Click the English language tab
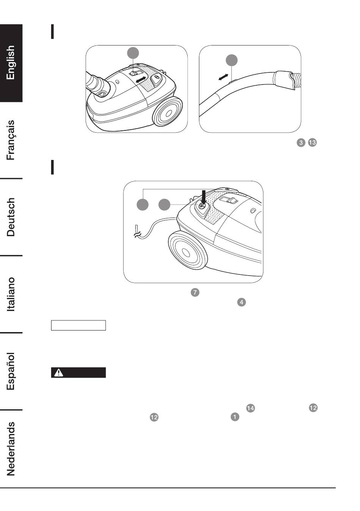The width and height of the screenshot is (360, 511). click(x=11, y=63)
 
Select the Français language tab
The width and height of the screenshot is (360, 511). click(x=11, y=140)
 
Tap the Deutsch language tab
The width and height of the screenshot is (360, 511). click(x=11, y=217)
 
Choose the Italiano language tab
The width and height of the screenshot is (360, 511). click(x=11, y=294)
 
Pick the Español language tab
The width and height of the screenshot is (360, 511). click(x=11, y=371)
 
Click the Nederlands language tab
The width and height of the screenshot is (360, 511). click(x=11, y=448)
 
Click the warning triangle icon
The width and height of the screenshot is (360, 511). click(x=59, y=373)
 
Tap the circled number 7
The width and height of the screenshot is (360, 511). click(x=195, y=292)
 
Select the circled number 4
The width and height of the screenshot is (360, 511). click(x=241, y=302)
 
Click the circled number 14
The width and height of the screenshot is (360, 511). click(x=250, y=408)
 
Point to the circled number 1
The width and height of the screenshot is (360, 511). click(x=235, y=417)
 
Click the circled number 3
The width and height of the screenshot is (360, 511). click(x=301, y=143)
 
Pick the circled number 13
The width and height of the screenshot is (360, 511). click(x=312, y=143)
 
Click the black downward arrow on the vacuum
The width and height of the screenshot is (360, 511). click(x=203, y=198)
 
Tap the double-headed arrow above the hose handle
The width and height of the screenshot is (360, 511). click(x=223, y=77)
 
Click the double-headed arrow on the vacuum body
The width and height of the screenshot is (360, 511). click(x=141, y=80)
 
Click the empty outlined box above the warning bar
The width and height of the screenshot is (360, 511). click(x=78, y=325)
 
